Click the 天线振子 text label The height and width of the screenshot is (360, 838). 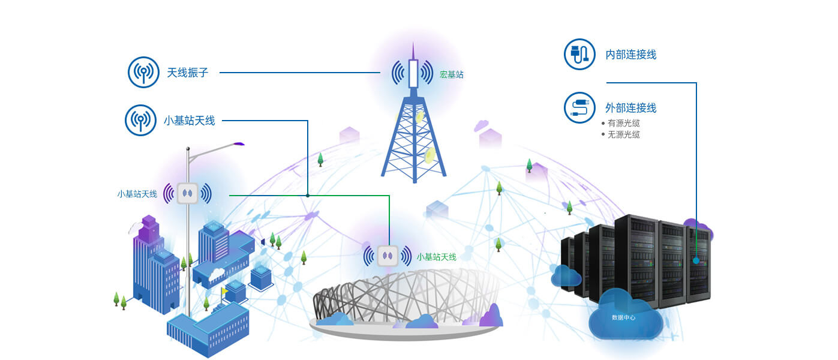187,73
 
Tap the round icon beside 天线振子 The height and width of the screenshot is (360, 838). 143,72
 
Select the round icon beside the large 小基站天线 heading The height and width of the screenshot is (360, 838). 140,120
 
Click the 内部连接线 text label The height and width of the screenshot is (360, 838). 630,55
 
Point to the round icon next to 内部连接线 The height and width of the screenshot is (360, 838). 579,54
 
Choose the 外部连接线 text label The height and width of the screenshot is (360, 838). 630,108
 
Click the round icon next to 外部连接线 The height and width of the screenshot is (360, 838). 579,108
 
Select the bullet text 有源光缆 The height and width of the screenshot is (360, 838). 624,123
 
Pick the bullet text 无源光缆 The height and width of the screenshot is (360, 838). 624,135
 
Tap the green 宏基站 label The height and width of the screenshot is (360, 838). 452,75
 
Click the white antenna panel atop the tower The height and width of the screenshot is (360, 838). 413,73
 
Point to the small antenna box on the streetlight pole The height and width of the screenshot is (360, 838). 187,193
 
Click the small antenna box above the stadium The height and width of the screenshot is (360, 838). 388,256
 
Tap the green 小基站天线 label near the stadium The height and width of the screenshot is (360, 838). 437,257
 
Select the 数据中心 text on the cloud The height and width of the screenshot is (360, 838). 624,318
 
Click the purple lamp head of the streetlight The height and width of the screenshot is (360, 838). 238,144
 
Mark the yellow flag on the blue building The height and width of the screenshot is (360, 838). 225,291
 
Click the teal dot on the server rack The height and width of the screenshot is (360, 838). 696,260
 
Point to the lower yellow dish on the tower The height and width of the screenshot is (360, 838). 430,155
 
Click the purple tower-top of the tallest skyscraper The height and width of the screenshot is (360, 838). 149,227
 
